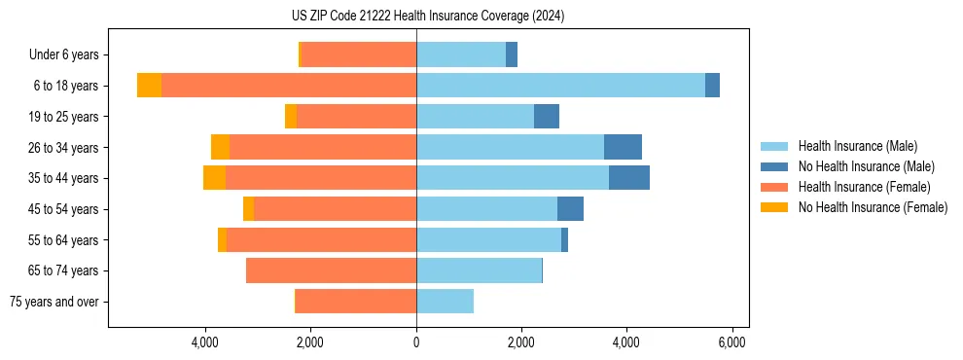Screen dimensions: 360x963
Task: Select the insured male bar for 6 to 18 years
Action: tap(560, 86)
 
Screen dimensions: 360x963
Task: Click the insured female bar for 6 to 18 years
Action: tap(289, 86)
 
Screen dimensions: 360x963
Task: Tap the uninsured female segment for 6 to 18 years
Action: tap(149, 86)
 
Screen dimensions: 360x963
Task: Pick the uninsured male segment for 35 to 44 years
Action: tap(628, 178)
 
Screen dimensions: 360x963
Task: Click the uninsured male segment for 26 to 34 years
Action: tap(623, 147)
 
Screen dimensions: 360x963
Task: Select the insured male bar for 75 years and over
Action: tap(445, 302)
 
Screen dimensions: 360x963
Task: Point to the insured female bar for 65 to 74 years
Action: tap(331, 270)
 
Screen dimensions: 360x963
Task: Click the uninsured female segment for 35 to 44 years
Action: tap(214, 178)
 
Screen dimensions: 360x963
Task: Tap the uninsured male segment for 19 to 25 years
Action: tap(547, 117)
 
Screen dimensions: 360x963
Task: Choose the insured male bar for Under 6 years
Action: tap(461, 54)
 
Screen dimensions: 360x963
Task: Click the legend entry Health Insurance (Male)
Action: tap(857, 146)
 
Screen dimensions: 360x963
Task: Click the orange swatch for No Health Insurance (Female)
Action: tap(774, 207)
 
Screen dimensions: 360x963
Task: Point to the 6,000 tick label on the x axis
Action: tap(731, 342)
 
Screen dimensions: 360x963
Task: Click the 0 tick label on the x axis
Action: tap(416, 342)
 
